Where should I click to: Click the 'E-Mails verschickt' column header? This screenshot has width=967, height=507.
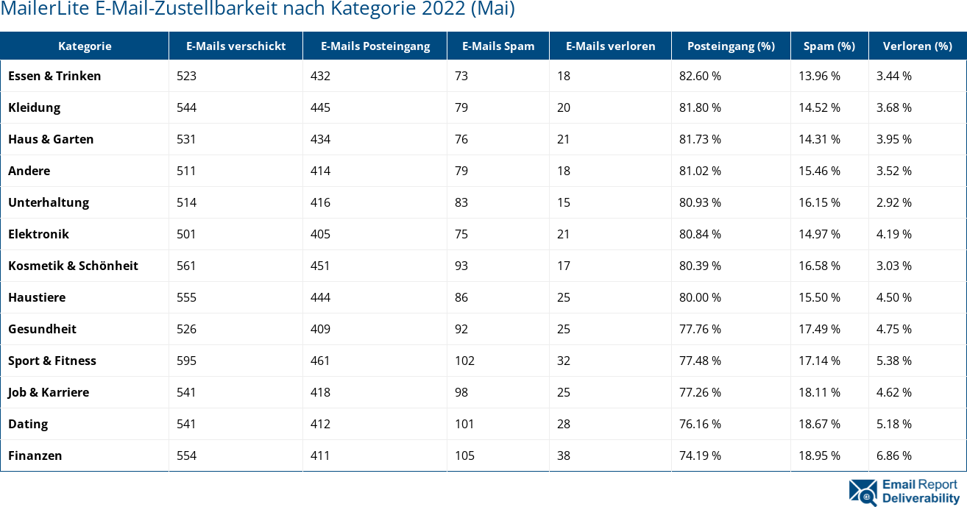tap(235, 46)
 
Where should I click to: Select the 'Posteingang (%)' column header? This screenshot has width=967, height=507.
tap(731, 46)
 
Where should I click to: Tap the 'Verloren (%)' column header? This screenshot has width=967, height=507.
tap(917, 46)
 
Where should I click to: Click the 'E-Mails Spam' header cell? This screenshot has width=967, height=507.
tap(498, 46)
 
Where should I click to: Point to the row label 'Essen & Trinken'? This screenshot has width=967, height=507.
tap(54, 76)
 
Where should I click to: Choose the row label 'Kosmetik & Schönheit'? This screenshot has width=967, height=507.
tap(73, 266)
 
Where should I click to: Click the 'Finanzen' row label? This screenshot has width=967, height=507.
tap(35, 455)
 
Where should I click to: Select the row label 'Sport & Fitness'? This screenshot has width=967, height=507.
tap(52, 361)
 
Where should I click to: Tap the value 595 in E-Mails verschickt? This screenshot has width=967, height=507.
tap(187, 361)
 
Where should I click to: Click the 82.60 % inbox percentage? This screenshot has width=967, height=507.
tap(700, 76)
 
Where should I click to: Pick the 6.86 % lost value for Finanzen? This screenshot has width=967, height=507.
tap(894, 455)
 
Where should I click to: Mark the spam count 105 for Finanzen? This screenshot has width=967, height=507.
tap(464, 455)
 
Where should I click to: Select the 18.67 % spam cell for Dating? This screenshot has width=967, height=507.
tap(819, 424)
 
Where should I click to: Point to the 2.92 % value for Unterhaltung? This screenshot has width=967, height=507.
tap(894, 202)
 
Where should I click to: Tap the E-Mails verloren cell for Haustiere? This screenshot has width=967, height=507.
tap(564, 297)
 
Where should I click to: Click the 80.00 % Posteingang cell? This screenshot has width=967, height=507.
tap(700, 297)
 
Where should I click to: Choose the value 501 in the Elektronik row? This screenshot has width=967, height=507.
tap(187, 234)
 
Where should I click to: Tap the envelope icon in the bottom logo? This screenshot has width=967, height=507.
tap(862, 492)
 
